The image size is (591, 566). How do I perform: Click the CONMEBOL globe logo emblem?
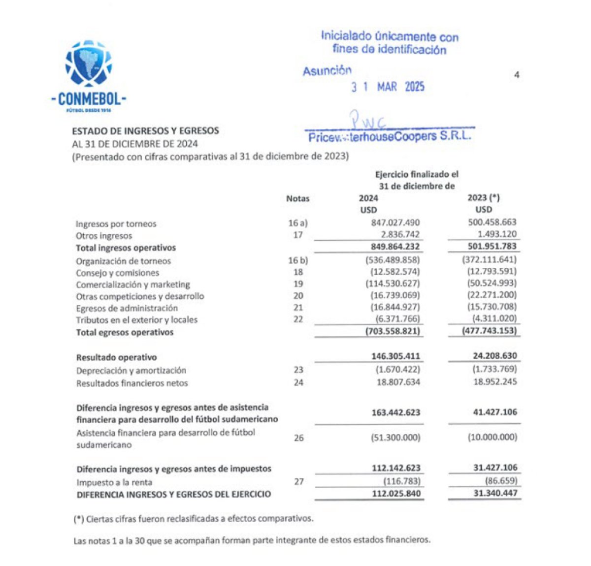tap(89, 64)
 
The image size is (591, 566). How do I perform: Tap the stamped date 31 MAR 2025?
tap(388, 87)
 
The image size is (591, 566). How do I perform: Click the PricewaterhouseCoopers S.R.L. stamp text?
tap(389, 136)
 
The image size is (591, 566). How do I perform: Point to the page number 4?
tap(517, 75)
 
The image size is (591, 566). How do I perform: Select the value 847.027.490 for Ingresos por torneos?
tap(395, 223)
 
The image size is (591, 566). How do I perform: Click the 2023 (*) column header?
tap(483, 198)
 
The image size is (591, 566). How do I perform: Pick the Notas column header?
tap(297, 199)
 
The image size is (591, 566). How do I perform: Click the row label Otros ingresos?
tap(104, 236)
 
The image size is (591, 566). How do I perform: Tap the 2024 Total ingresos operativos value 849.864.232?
tap(395, 247)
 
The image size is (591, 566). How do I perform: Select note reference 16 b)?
tap(298, 260)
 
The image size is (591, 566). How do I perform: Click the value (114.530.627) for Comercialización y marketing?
tap(393, 283)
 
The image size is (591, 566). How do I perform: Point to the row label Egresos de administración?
tap(127, 308)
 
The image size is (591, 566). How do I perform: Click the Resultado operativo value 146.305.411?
tap(395, 356)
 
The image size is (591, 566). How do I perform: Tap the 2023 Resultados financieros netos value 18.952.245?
tap(495, 381)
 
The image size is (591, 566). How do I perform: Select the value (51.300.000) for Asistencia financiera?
tap(395, 437)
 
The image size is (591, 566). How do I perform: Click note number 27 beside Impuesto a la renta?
tap(299, 481)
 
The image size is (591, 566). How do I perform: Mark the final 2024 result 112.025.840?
tap(396, 493)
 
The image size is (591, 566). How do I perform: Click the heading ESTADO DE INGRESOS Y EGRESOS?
tap(145, 131)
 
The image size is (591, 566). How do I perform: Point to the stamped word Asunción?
tap(327, 71)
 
